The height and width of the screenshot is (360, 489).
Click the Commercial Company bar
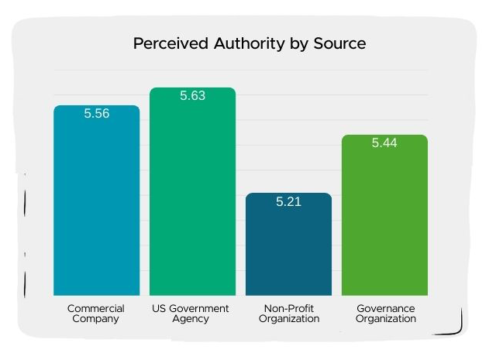tap(96, 201)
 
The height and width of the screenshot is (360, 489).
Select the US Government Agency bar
tap(192, 194)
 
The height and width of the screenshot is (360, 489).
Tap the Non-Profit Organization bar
tap(288, 248)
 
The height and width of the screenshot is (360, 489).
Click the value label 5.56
tap(96, 114)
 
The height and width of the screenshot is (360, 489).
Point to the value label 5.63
tap(192, 96)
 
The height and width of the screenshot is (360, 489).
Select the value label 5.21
tap(288, 202)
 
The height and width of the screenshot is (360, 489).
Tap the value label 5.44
tap(384, 143)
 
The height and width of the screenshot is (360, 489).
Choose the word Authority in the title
tap(237, 43)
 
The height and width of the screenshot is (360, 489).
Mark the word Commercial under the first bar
tap(96, 308)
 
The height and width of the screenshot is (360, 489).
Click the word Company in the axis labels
tap(96, 319)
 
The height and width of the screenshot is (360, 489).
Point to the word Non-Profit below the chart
tap(288, 308)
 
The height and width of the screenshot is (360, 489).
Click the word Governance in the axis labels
tap(385, 308)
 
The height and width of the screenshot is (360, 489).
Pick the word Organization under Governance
tap(385, 319)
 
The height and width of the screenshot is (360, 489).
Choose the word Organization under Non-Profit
tap(288, 319)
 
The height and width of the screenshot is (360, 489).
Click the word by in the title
tap(288, 43)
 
